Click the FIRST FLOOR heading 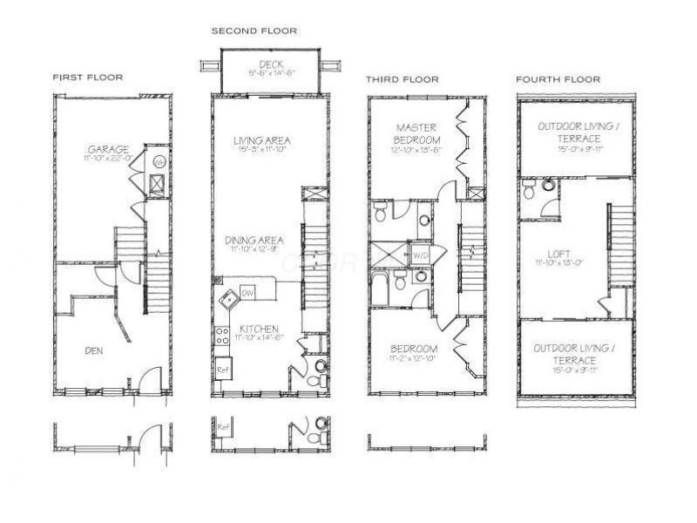tap(87, 78)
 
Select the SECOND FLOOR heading tap(254, 31)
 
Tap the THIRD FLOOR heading tap(402, 79)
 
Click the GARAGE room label tap(108, 149)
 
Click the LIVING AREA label tap(262, 140)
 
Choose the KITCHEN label tap(259, 329)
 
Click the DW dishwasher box tap(247, 291)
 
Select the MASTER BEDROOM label tap(417, 133)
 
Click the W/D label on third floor tap(420, 255)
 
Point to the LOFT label tap(552, 255)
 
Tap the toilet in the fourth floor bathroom tap(548, 185)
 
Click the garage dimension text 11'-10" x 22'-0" tap(107, 159)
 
